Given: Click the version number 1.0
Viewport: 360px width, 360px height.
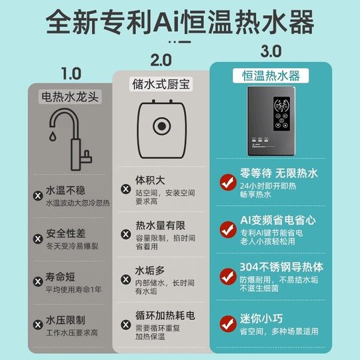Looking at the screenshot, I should click(71, 72).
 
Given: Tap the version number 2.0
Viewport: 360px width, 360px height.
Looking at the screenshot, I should click(161, 61).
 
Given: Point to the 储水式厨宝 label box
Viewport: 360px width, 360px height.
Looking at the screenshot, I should click(161, 84).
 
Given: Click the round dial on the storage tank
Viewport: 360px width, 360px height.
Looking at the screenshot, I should click(160, 127).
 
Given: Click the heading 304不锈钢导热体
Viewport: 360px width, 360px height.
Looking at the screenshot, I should click(279, 265).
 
